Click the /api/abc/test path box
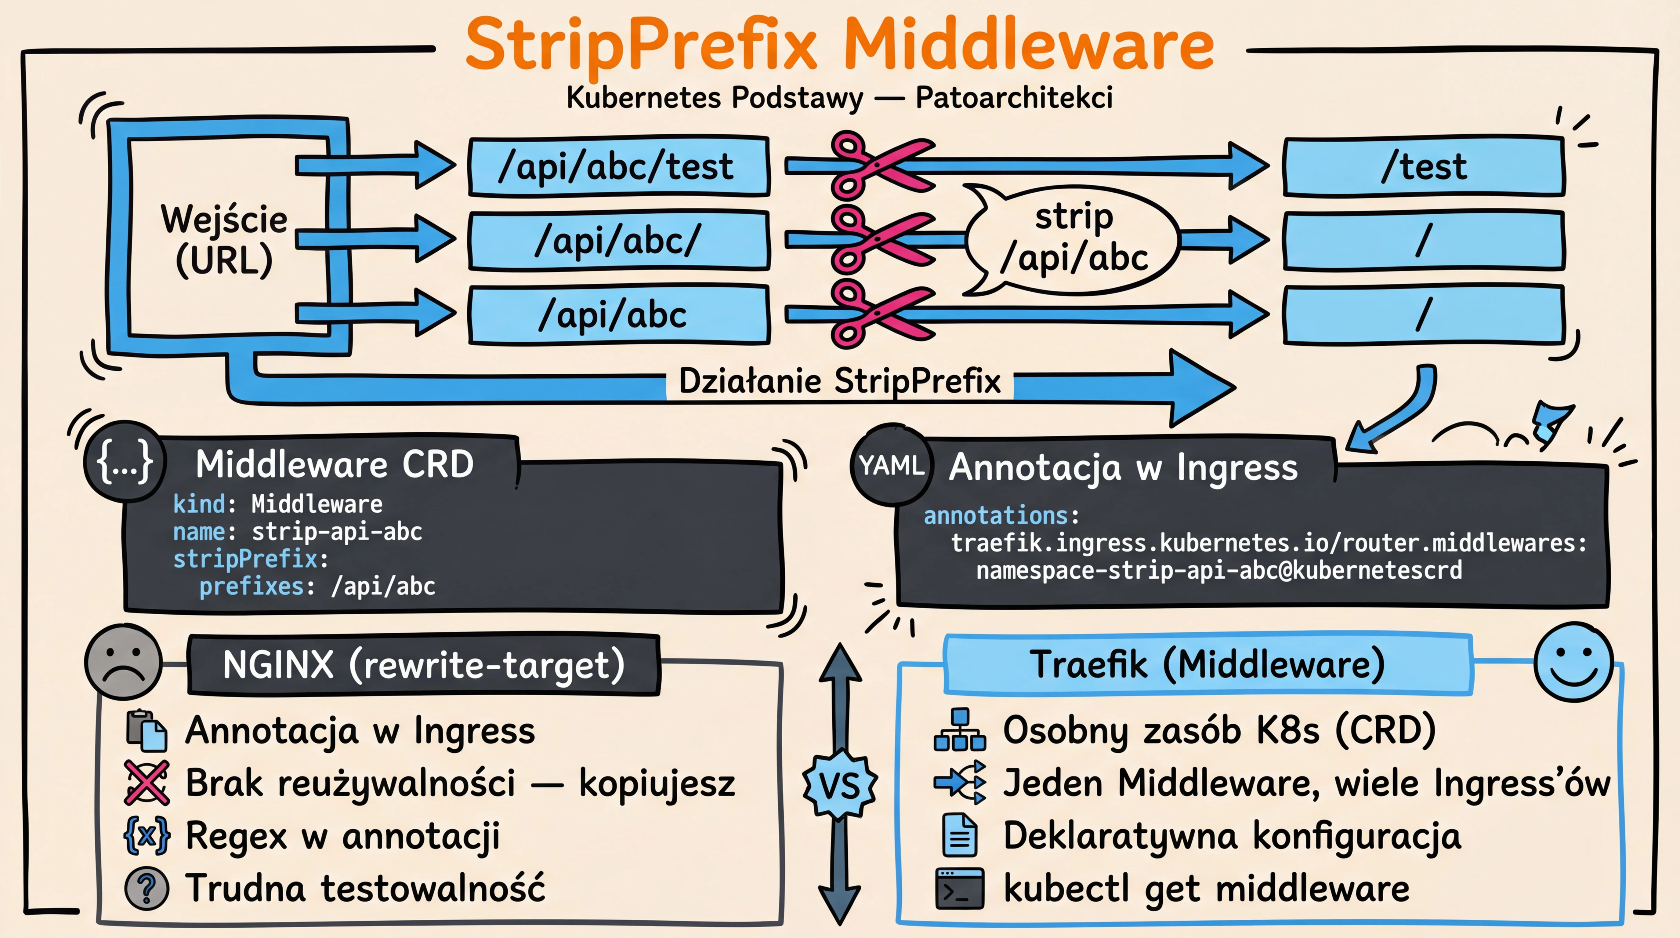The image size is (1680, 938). click(618, 166)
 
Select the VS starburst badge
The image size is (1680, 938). click(839, 785)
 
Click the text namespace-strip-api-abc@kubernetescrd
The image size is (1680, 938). click(1218, 570)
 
